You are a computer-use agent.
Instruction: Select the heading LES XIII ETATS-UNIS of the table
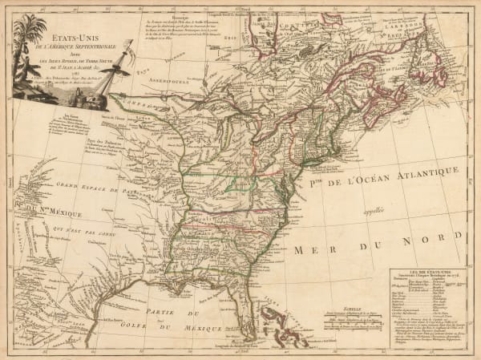tap(416, 272)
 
